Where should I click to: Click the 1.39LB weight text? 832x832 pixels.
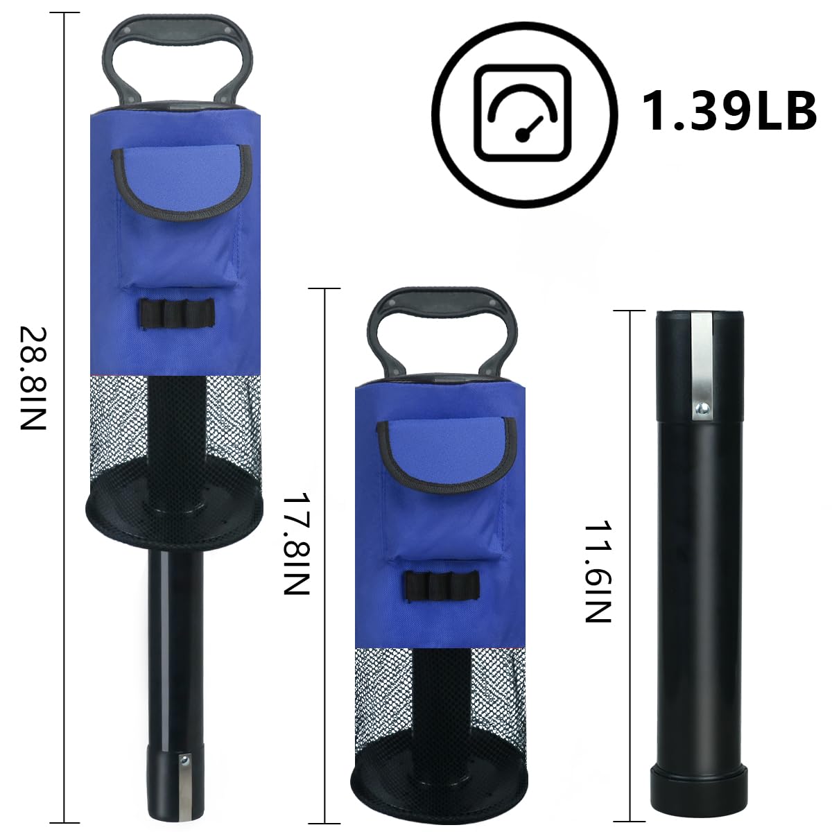click(729, 112)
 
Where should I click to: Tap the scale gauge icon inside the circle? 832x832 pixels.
click(523, 113)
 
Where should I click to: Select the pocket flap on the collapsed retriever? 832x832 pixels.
click(447, 456)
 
